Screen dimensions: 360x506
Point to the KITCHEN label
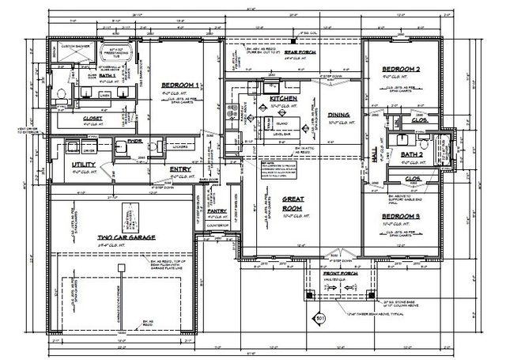pyautogui.click(x=262, y=98)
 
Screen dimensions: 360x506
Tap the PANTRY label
pyautogui.click(x=216, y=212)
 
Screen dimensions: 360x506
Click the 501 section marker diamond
pyautogui.click(x=321, y=319)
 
